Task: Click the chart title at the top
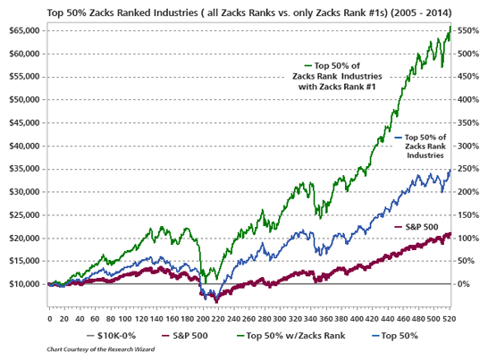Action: (243, 11)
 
